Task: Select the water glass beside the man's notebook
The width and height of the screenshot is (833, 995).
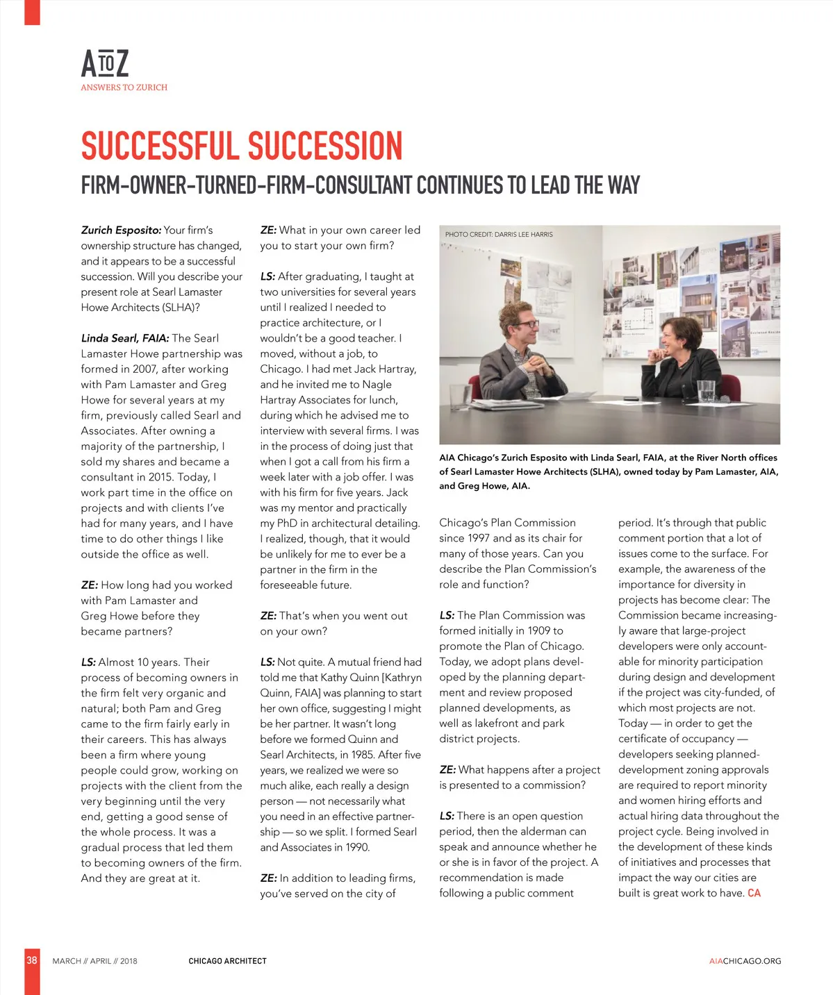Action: click(459, 396)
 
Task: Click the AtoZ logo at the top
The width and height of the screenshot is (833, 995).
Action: click(105, 64)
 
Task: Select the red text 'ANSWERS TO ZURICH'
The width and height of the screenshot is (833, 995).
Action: click(124, 87)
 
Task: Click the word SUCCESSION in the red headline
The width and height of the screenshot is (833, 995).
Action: click(324, 147)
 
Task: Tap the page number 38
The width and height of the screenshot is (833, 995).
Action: click(32, 960)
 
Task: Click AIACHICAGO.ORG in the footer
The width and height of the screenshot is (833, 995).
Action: click(745, 961)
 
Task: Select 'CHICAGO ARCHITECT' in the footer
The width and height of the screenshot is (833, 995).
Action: click(227, 961)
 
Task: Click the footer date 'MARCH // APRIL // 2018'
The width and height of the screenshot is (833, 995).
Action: click(94, 961)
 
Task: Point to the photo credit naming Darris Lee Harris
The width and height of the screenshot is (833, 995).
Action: click(499, 235)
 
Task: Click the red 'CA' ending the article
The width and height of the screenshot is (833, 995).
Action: click(754, 893)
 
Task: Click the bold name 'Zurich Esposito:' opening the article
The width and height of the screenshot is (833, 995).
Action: click(121, 230)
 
